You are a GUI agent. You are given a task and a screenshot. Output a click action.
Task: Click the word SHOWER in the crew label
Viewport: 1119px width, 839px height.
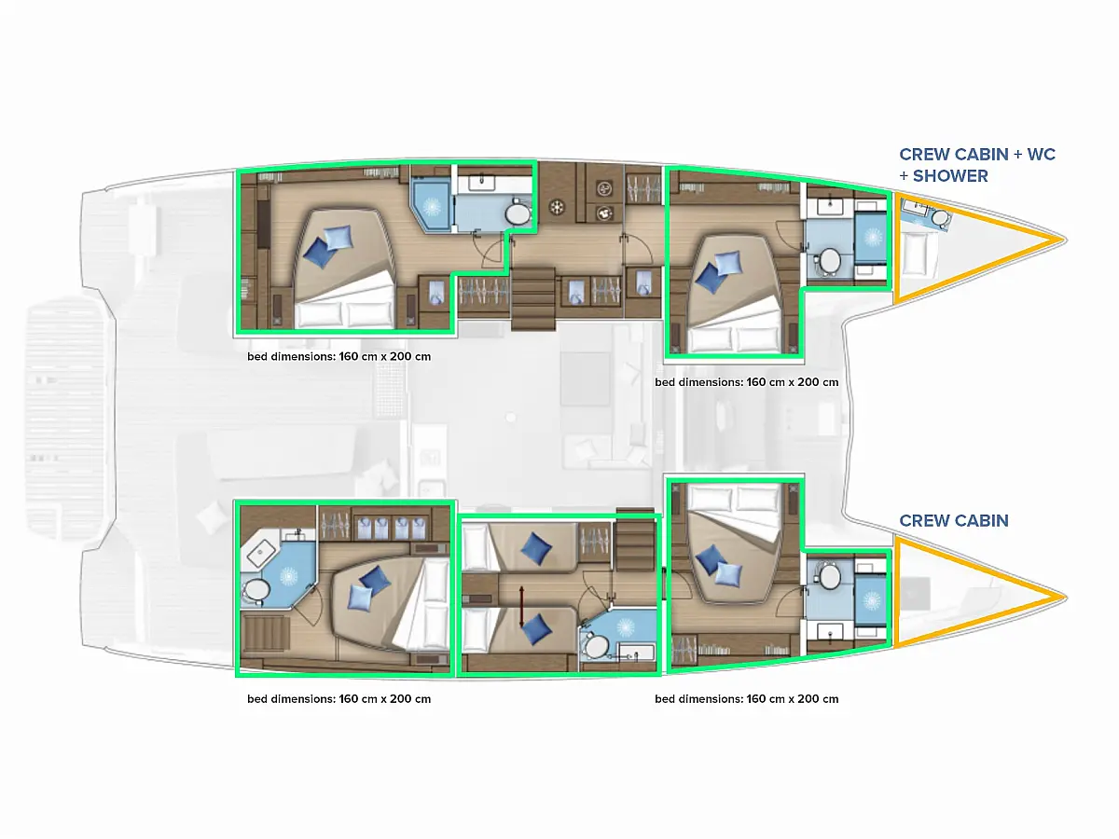tap(950, 176)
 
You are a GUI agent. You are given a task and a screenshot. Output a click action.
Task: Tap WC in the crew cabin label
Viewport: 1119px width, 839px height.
tap(1041, 154)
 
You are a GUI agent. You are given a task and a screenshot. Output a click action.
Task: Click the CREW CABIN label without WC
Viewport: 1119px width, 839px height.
tap(954, 520)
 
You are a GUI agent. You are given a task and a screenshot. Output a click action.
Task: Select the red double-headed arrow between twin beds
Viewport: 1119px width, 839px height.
tap(521, 607)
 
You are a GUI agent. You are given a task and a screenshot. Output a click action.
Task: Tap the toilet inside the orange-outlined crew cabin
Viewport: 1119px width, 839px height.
tap(940, 218)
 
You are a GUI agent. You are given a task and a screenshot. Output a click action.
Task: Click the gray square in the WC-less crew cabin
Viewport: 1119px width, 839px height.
tap(915, 594)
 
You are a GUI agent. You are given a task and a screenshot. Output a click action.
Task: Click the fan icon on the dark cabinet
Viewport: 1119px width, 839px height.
tap(604, 189)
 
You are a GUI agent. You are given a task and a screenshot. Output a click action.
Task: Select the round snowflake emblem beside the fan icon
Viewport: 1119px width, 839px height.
tap(558, 207)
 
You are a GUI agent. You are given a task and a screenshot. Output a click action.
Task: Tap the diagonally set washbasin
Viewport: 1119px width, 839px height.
tap(261, 551)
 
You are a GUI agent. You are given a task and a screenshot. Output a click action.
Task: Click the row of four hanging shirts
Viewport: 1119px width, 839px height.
tap(391, 528)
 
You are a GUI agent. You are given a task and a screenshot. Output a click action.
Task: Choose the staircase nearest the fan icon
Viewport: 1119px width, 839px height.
tap(532, 298)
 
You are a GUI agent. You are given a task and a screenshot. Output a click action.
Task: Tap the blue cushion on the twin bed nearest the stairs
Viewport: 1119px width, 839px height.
tap(536, 549)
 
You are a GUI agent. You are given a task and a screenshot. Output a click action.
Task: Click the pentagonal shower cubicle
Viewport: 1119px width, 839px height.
tap(431, 207)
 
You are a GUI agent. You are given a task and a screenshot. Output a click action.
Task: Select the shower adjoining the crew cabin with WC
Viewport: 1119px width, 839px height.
tap(872, 238)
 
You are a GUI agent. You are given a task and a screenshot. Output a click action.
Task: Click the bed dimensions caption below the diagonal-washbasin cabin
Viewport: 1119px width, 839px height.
tap(339, 699)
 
